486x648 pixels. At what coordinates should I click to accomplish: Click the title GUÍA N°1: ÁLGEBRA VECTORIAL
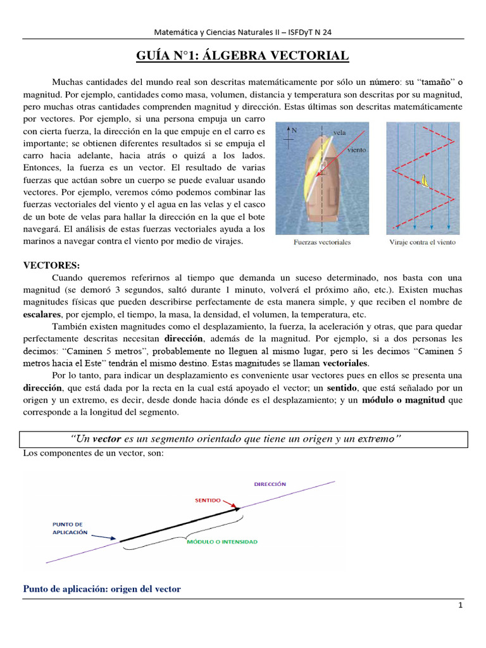[243, 56]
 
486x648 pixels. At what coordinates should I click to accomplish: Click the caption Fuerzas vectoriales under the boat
[323, 242]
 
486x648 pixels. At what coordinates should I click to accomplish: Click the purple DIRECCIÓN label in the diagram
[270, 483]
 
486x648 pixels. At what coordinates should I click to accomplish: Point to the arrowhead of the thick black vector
[235, 508]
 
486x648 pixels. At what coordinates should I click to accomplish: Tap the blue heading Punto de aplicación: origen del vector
[102, 589]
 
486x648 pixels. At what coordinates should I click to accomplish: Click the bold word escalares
[42, 315]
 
